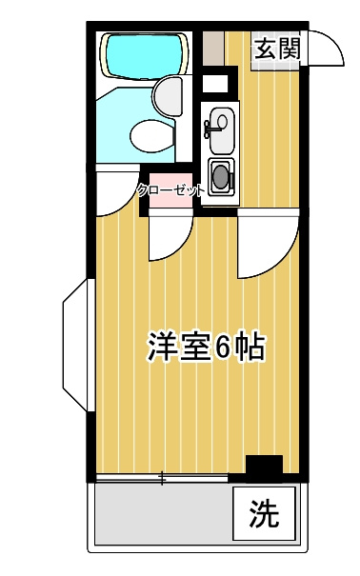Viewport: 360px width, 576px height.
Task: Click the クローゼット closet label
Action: (170, 189)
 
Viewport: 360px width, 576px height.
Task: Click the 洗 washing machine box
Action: (264, 514)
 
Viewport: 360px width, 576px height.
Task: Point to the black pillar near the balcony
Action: (264, 467)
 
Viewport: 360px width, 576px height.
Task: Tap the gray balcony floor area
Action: (162, 514)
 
